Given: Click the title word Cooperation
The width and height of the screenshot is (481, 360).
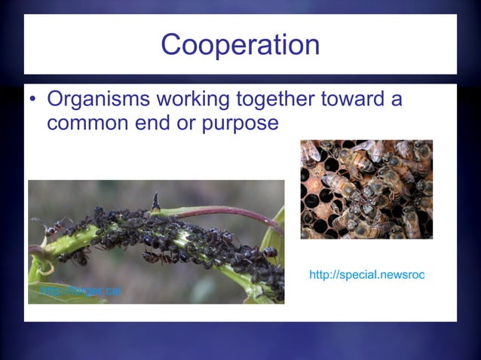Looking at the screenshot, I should pos(240,45).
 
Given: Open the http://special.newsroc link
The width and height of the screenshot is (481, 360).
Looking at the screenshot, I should pos(366,275).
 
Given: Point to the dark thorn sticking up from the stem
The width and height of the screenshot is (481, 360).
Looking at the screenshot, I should pos(155,201).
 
